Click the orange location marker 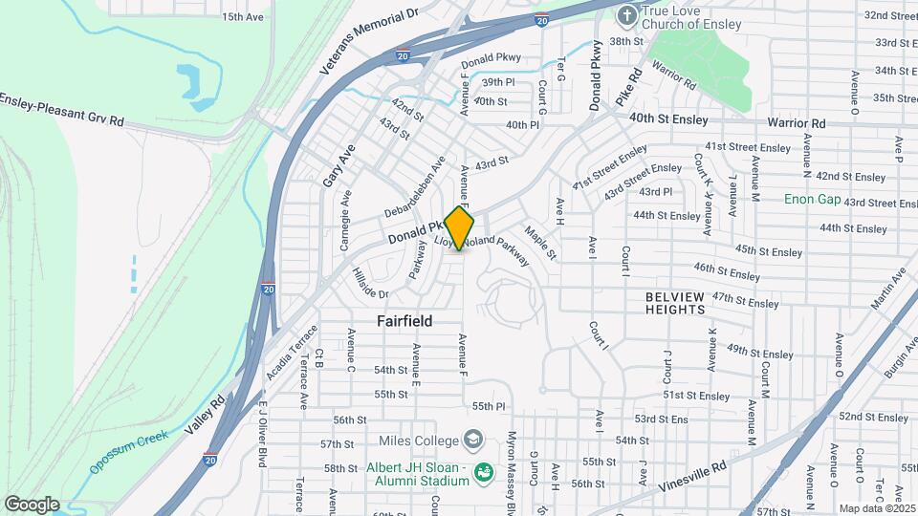[459, 228]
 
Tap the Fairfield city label [404, 321]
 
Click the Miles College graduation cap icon [472, 440]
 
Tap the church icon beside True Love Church [626, 15]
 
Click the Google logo [32, 505]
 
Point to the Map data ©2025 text [877, 508]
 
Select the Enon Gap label [812, 199]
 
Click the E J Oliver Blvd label [261, 434]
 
